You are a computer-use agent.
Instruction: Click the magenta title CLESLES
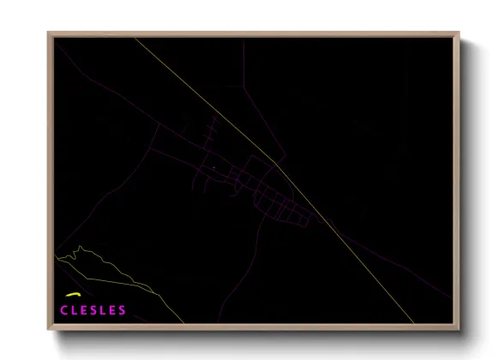coord(93,309)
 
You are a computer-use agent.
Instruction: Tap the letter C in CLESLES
coord(64,309)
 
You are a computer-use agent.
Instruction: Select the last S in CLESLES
coord(123,309)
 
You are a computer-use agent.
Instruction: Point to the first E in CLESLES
coord(84,309)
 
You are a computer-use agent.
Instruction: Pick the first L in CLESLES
coord(75,309)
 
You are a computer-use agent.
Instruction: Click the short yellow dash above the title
coord(72,298)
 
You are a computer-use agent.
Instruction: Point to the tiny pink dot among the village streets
coord(213,167)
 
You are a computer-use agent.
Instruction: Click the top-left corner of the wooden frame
coord(49,33)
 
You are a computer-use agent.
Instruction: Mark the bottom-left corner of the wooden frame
coord(49,328)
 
